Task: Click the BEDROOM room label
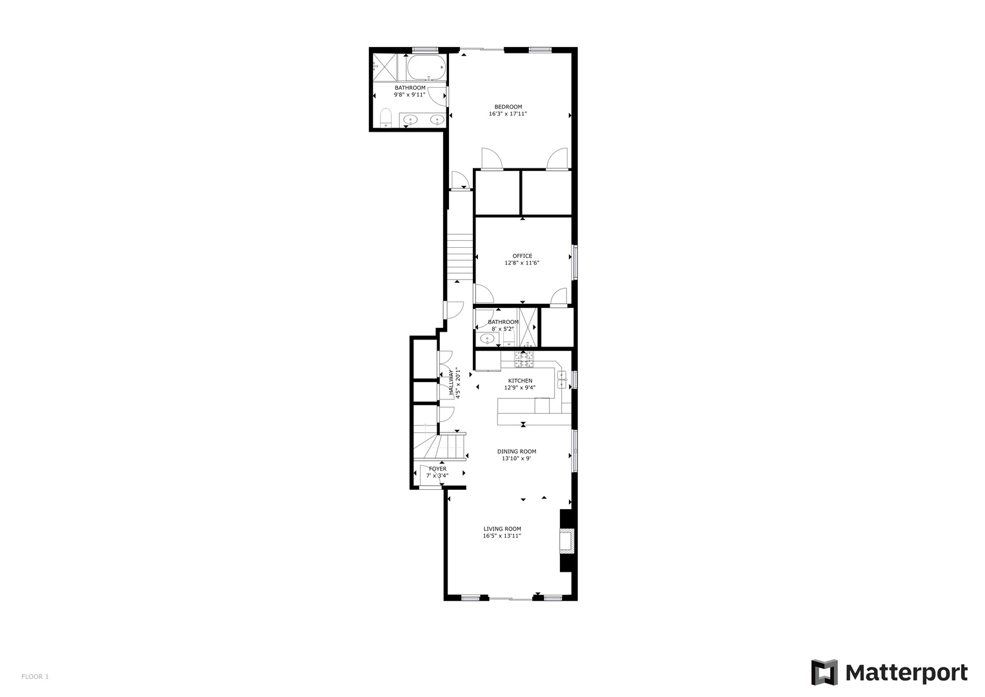tap(508, 107)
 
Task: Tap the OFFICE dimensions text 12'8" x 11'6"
tap(521, 263)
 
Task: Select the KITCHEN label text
tap(520, 381)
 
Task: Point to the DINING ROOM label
tap(516, 452)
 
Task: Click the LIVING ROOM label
tap(502, 529)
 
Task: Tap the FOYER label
tap(437, 469)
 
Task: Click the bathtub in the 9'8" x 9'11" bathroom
tap(426, 67)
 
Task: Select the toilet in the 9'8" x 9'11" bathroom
tap(386, 118)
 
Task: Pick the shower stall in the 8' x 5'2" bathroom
tap(528, 327)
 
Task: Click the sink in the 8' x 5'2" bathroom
tap(487, 338)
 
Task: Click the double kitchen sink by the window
tap(562, 379)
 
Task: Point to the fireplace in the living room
tap(566, 540)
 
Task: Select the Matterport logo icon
tap(824, 672)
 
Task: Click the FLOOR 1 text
tap(35, 676)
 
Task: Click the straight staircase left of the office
tap(460, 255)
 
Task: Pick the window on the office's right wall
tap(575, 261)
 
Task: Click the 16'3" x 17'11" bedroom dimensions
tap(508, 114)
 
